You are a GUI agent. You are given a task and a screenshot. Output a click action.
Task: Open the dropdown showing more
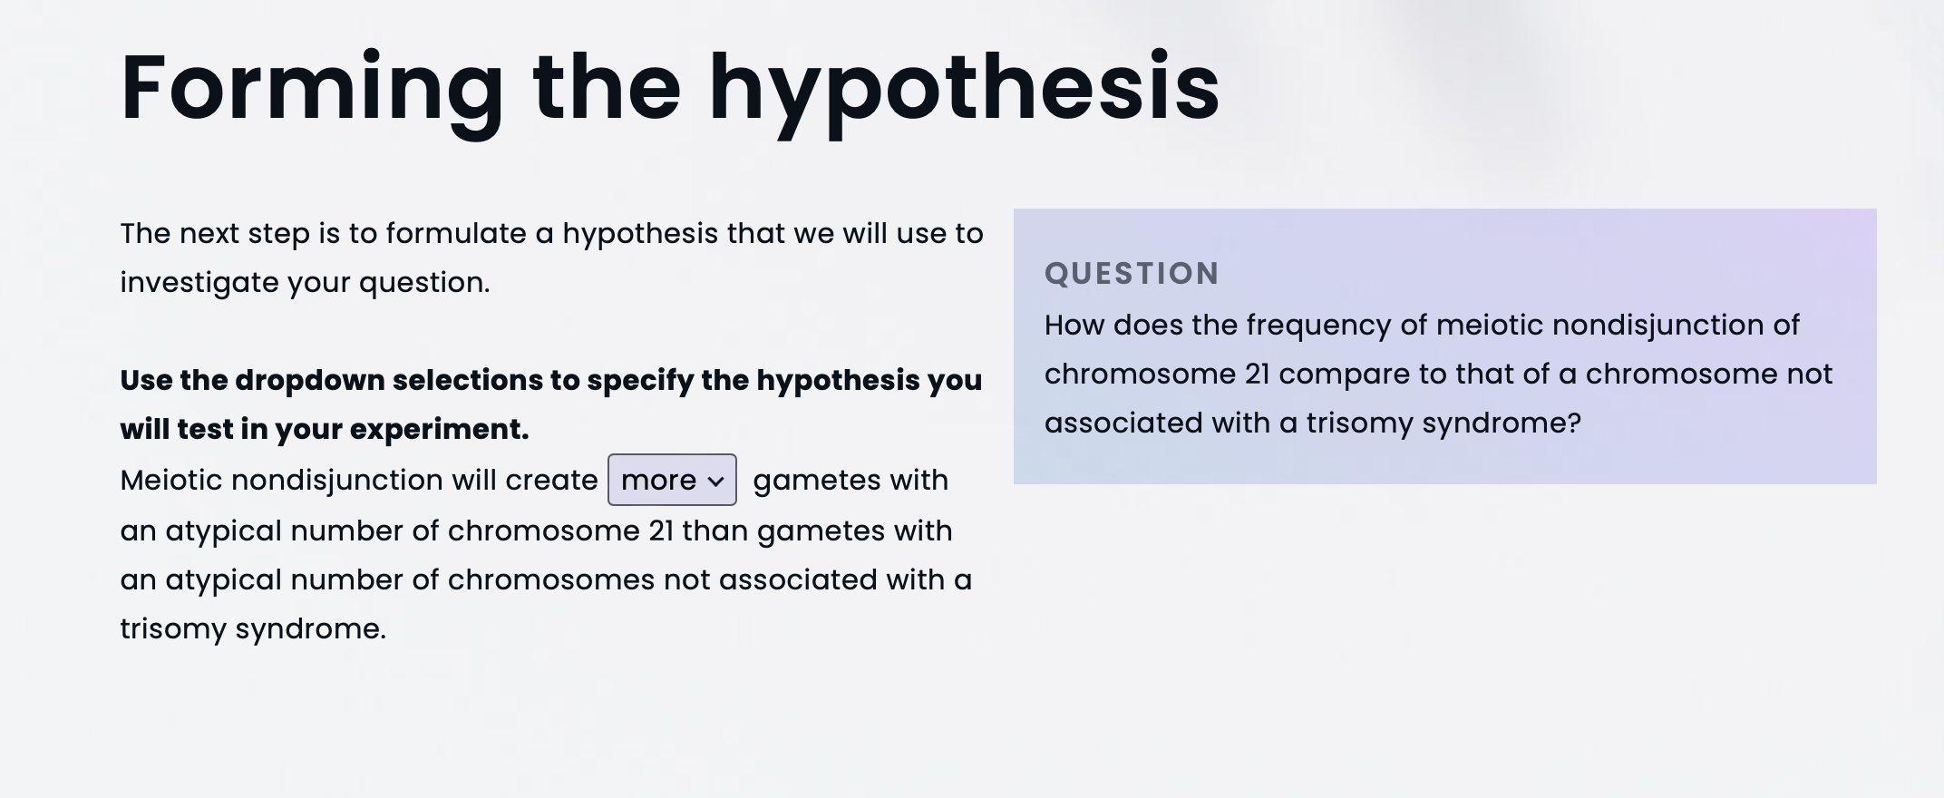(672, 480)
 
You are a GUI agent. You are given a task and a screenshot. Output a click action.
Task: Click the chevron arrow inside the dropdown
(715, 482)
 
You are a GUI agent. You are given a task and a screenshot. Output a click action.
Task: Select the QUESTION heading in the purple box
(1132, 273)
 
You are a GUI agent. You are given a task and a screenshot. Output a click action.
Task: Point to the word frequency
(1318, 326)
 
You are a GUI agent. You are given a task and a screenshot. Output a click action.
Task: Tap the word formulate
(456, 234)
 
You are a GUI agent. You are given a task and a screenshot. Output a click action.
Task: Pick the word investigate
(199, 283)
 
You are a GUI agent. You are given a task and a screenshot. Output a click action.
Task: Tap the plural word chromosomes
(551, 580)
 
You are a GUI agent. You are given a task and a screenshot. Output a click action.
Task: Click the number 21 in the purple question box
(1258, 375)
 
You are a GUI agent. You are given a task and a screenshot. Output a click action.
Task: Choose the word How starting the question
(1074, 326)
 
